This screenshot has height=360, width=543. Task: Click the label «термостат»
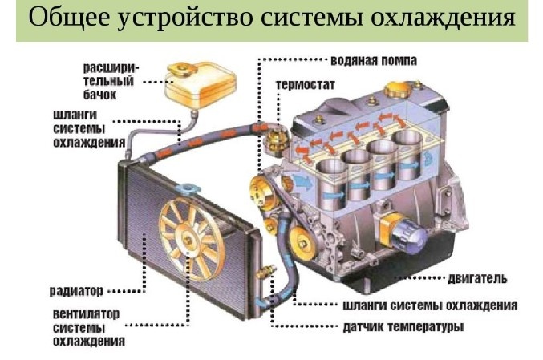305,83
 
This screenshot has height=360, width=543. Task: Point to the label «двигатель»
478,278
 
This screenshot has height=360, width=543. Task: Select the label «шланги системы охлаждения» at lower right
429,305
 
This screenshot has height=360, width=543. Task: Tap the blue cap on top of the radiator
190,189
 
